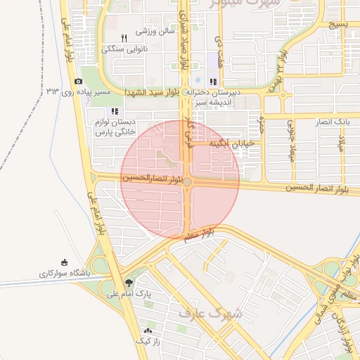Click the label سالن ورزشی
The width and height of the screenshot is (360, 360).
(155, 32)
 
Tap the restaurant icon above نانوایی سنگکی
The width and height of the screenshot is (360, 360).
(124, 38)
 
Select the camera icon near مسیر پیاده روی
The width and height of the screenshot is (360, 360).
(78, 82)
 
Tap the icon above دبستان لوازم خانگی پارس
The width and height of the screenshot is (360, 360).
(115, 111)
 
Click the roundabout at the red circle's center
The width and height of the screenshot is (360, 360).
(187, 182)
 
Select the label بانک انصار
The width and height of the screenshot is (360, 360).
(333, 122)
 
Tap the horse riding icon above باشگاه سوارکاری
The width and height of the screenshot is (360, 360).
(65, 262)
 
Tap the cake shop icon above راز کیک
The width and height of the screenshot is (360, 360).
(148, 330)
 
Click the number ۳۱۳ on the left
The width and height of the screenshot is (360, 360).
(53, 91)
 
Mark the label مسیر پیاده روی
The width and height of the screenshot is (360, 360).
(104, 92)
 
